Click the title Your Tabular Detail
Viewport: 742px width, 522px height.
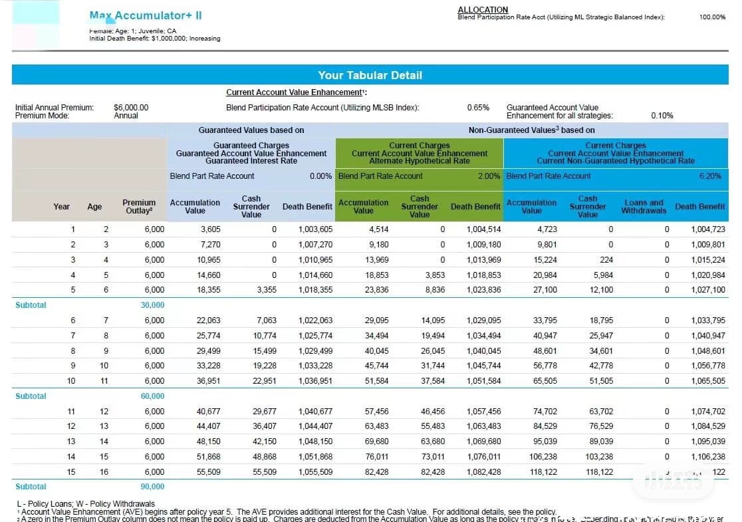pos(370,75)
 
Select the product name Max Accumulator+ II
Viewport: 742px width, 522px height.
pos(146,15)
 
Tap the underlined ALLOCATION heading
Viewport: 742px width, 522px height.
pos(483,9)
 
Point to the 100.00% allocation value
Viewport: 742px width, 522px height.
pos(712,17)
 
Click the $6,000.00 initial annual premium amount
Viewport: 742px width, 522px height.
pos(131,107)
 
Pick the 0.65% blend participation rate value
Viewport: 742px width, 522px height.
pos(478,107)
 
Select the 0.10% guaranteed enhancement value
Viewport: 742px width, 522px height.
pos(662,116)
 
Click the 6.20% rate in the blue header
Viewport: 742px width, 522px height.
pos(710,176)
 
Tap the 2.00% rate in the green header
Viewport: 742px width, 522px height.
pos(489,176)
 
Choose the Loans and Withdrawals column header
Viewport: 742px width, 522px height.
pos(644,207)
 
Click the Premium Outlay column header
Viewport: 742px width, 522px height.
pos(139,207)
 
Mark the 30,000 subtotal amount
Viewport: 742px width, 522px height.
pos(152,305)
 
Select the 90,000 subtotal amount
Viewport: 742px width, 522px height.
pos(152,487)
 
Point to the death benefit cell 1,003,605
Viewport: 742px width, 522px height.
pos(316,229)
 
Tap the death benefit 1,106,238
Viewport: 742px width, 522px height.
pos(708,457)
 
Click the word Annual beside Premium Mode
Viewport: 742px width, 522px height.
pos(126,116)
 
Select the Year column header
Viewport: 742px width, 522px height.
pos(61,207)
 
